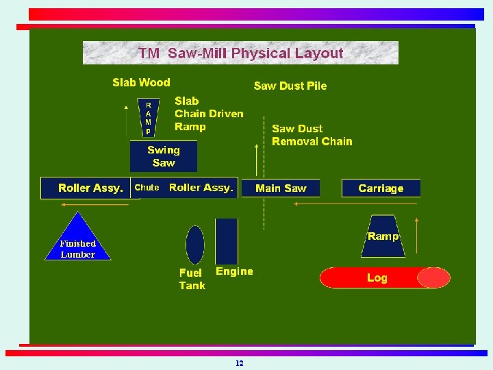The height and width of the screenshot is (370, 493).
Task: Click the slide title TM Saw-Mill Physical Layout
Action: click(240, 53)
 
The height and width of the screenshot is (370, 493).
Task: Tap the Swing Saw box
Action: click(164, 156)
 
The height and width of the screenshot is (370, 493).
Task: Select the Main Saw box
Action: click(281, 188)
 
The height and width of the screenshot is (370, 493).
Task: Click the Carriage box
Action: click(381, 188)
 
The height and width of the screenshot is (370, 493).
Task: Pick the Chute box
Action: click(147, 187)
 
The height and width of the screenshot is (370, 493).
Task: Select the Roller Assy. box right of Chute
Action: click(201, 187)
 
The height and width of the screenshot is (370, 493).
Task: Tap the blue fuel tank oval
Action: click(195, 245)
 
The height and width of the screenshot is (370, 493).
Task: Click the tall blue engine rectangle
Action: click(227, 241)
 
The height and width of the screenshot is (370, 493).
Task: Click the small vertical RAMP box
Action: click(149, 117)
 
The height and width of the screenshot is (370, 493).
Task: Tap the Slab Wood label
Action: click(141, 83)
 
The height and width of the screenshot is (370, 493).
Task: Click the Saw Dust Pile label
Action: click(290, 86)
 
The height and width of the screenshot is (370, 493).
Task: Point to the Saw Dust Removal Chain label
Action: click(312, 135)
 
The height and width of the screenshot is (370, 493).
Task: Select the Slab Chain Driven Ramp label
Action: click(209, 114)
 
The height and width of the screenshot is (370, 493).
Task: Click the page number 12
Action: click(240, 363)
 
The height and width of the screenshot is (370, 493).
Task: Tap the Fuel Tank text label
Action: click(192, 279)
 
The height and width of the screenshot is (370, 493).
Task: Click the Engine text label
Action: click(234, 271)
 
